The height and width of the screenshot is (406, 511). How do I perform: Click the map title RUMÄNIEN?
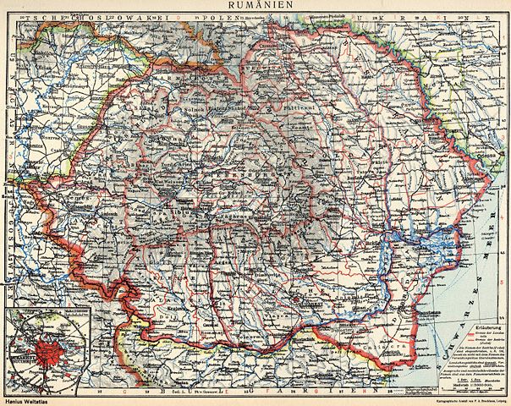click(255, 5)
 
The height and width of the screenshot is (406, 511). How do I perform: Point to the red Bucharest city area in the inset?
click(34, 351)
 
